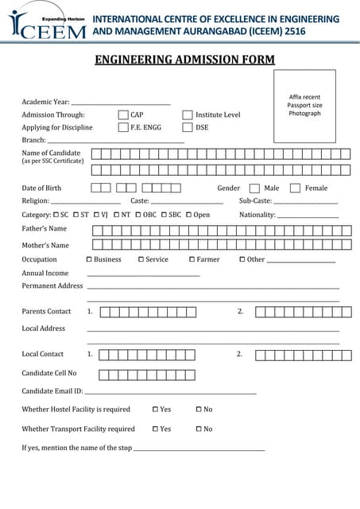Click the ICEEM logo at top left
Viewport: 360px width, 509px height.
click(x=48, y=25)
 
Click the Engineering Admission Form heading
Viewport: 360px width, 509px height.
click(x=184, y=60)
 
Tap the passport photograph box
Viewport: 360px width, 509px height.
click(x=304, y=106)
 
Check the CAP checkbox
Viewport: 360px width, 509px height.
click(x=123, y=115)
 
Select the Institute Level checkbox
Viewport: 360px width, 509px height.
click(x=188, y=115)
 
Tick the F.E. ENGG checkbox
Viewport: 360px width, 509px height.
click(x=123, y=127)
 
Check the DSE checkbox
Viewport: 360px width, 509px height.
click(x=188, y=127)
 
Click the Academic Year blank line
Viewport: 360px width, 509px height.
click(x=121, y=103)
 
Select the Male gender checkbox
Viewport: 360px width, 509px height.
click(x=254, y=188)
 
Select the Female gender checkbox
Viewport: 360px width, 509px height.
click(x=295, y=188)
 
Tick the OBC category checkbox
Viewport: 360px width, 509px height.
click(x=139, y=215)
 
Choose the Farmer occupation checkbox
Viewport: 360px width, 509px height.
click(x=192, y=259)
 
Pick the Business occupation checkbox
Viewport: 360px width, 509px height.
click(x=89, y=259)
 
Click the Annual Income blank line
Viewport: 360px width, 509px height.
click(x=143, y=275)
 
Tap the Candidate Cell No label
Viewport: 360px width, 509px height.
click(x=49, y=373)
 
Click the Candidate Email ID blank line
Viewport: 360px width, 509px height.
click(x=170, y=393)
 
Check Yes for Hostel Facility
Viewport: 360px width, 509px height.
click(x=156, y=410)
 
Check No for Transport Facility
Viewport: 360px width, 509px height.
click(x=199, y=429)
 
